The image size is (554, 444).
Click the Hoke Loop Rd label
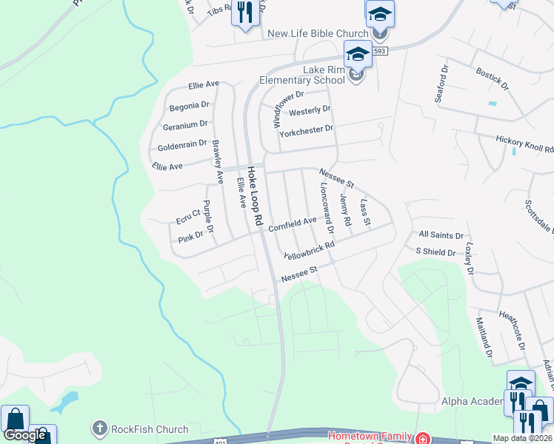[x=255, y=196]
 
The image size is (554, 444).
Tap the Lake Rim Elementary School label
[x=306, y=75]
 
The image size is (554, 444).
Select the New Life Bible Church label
[x=318, y=33]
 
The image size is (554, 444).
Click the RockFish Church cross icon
[x=99, y=428]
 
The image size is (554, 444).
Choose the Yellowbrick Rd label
[x=310, y=249]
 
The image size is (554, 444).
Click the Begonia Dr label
[x=189, y=106]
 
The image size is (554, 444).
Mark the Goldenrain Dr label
[x=181, y=147]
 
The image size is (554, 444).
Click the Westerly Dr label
[x=310, y=111]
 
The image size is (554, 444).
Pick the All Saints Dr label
[x=441, y=234]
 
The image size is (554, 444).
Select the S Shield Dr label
[x=435, y=252]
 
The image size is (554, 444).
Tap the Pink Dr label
[x=190, y=237]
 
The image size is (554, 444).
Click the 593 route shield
[x=380, y=51]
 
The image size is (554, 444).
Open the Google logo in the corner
[x=25, y=434]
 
